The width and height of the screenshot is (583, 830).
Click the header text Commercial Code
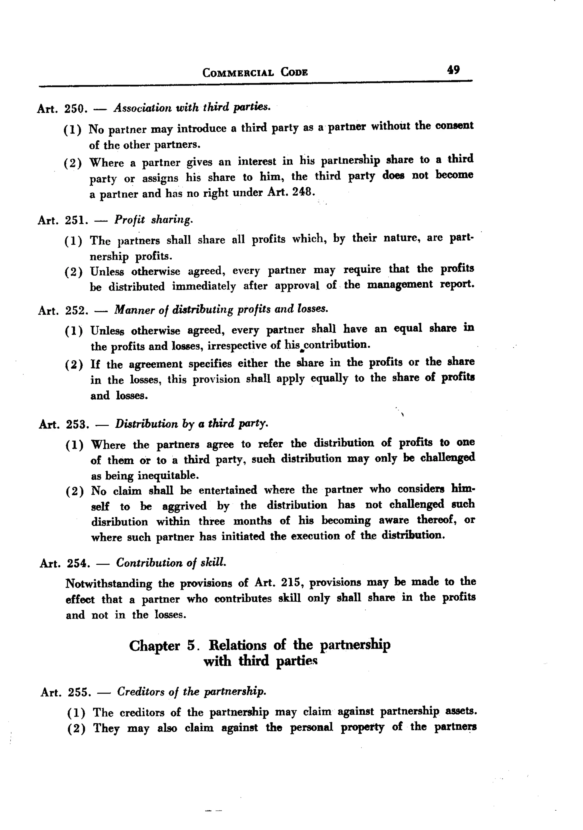(255, 73)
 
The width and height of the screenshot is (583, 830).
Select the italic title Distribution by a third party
(192, 423)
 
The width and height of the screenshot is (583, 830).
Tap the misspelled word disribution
(119, 522)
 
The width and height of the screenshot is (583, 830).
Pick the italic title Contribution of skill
(171, 563)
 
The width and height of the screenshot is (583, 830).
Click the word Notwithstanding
(109, 583)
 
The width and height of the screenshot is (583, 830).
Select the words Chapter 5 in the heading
(162, 646)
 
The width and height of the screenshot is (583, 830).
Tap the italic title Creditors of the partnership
(192, 692)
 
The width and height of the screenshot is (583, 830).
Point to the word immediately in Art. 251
(204, 286)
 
